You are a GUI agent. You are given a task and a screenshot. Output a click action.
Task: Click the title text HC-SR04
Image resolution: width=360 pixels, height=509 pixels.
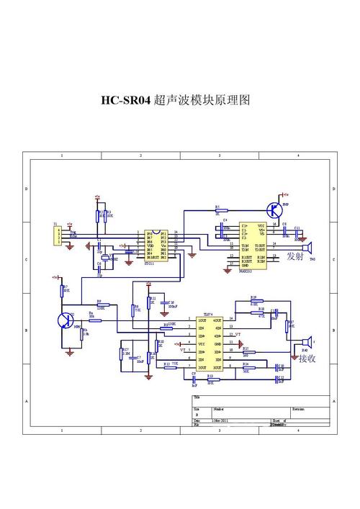coord(125,102)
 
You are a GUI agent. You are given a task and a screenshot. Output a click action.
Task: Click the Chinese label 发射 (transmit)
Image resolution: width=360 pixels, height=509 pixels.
coord(295,256)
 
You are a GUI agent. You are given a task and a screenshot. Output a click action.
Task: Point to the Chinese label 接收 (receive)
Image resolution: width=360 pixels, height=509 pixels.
coord(308,358)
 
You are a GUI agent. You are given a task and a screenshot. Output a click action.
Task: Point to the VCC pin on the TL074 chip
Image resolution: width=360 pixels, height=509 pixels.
coord(202,344)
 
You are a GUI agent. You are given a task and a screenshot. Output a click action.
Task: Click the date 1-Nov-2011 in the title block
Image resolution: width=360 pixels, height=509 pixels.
coord(220,420)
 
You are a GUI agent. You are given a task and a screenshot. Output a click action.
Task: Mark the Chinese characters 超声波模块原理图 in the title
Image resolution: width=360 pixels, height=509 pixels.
coord(204,102)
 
